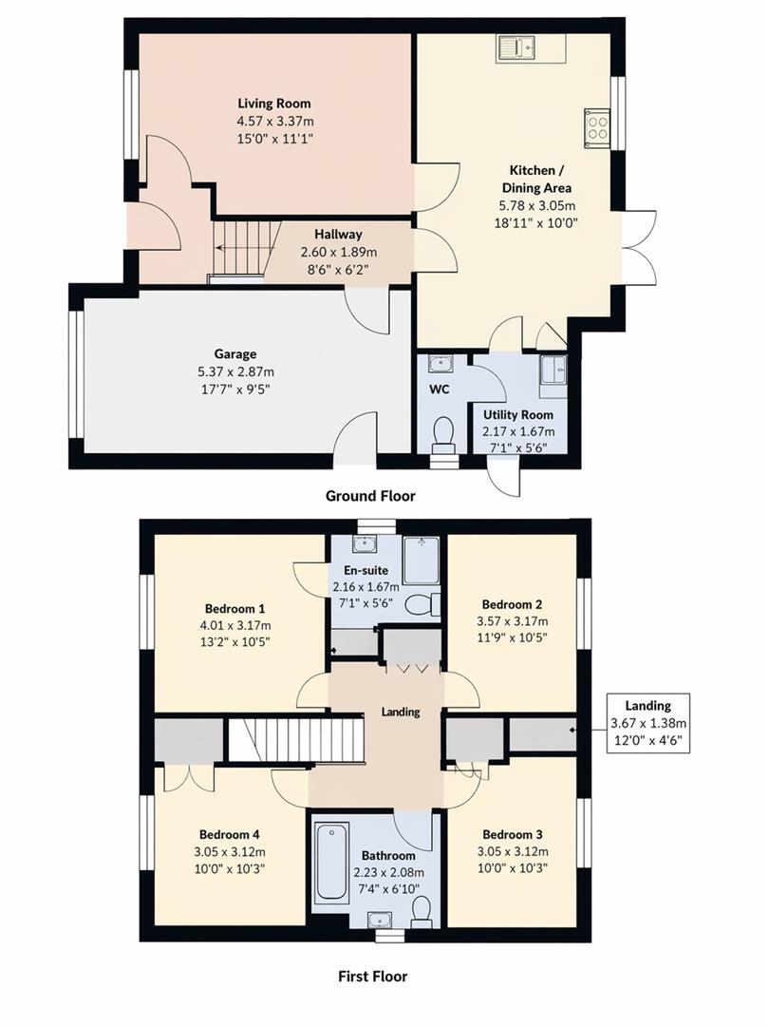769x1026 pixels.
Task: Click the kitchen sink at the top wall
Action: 530,47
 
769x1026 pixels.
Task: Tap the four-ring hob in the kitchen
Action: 599,126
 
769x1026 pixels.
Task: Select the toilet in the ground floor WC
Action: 442,434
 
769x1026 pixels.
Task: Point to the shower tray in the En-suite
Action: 421,560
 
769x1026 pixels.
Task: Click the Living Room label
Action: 273,104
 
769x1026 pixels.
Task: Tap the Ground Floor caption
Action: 370,496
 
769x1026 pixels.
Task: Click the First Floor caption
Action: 373,976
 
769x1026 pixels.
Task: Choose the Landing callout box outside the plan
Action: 648,724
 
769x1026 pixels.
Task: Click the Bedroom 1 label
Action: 234,609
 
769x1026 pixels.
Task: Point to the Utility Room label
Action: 517,415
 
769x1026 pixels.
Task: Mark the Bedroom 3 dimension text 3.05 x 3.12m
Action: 516,851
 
